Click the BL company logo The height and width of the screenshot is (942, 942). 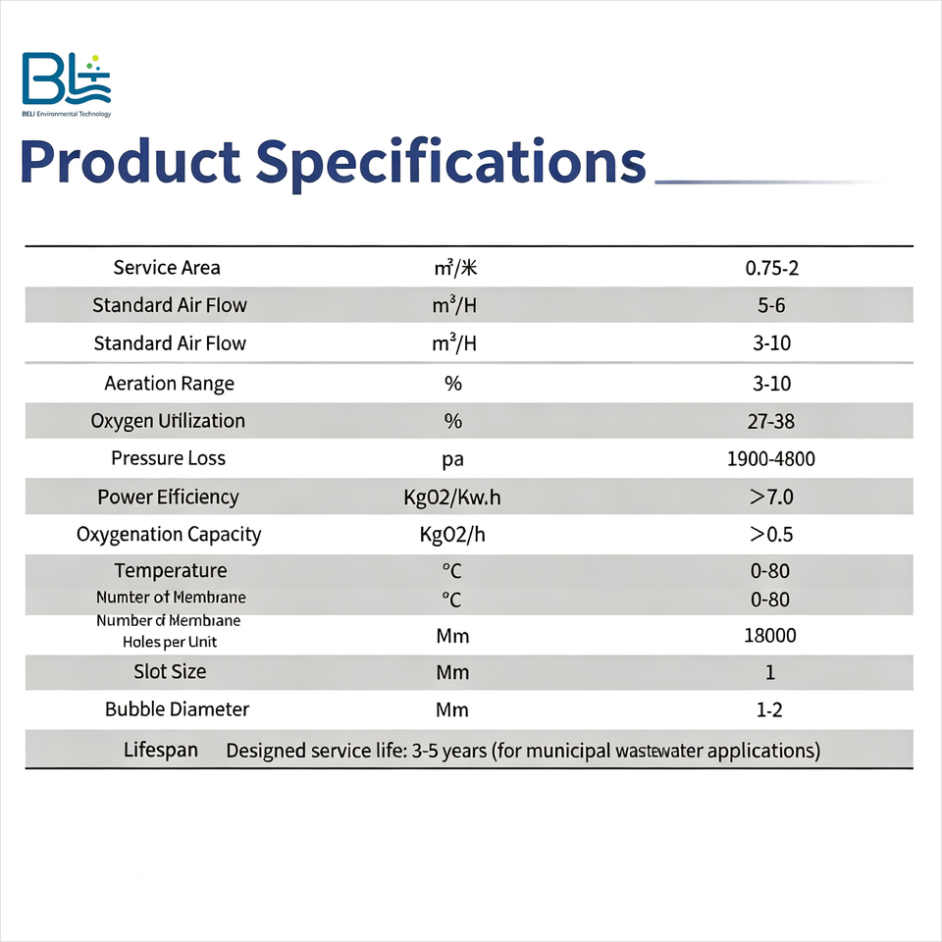pos(66,84)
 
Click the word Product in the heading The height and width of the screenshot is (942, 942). pos(131,162)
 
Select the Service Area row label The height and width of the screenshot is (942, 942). pos(167,267)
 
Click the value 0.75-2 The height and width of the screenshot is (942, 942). pos(772,268)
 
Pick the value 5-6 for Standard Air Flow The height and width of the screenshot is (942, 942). pos(771,305)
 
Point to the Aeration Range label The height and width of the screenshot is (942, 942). pos(170,384)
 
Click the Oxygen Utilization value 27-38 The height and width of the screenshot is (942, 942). pos(771,421)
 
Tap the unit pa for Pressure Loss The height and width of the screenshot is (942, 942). pos(453,460)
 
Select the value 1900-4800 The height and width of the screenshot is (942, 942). pos(771,459)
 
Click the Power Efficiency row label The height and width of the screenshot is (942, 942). pos(168,497)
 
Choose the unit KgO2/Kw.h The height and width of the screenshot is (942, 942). pos(451,497)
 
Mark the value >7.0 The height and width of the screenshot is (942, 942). pos(771,497)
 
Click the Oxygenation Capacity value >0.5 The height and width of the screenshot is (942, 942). pos(771,534)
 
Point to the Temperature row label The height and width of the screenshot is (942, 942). pos(171,570)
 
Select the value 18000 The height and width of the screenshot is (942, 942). pos(770,635)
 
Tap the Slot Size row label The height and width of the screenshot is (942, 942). pos(170,671)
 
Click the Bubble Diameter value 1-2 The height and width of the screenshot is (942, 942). pos(769,709)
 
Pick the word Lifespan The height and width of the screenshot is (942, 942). pos(160,750)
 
